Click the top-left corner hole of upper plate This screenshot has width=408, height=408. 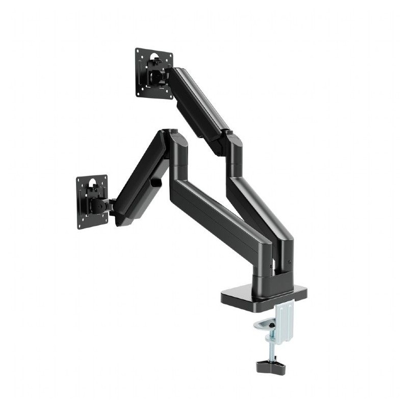click(x=139, y=53)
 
